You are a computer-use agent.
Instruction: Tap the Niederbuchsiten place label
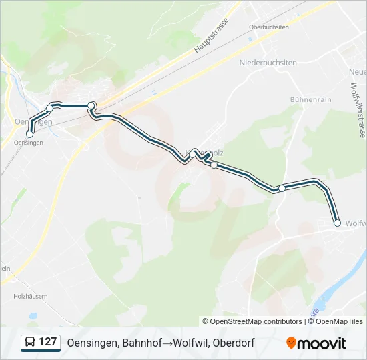point(267,62)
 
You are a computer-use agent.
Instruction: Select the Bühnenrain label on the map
point(311,99)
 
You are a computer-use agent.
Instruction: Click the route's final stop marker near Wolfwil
point(337,223)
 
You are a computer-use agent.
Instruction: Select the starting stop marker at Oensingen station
point(29,134)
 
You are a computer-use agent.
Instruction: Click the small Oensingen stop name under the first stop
point(28,143)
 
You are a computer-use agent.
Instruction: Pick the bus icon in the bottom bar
point(29,343)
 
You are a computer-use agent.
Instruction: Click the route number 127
point(48,342)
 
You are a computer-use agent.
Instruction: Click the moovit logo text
point(322,343)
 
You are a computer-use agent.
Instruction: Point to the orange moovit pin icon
point(291,343)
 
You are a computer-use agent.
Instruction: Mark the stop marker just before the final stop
point(282,188)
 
